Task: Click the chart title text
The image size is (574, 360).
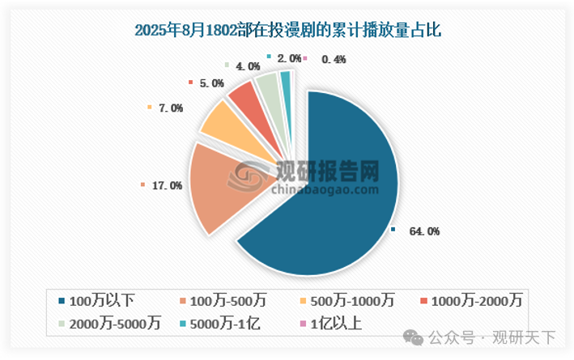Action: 287,32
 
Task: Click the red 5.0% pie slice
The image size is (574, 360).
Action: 241,99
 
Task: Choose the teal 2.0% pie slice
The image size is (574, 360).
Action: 284,79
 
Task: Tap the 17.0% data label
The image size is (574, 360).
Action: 167,185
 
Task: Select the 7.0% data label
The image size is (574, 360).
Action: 172,108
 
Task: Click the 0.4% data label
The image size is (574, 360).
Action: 334,59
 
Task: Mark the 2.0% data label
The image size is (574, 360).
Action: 289,58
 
